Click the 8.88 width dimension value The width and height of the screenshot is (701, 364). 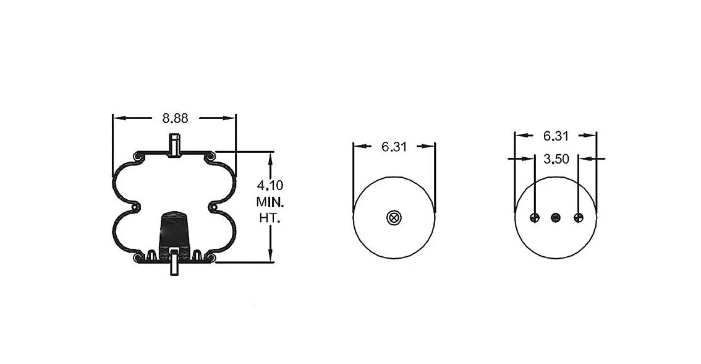point(176,118)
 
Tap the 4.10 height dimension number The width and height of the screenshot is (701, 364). point(270,185)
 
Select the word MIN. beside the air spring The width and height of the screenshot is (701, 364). point(270,201)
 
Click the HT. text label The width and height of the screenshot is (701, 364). point(270,218)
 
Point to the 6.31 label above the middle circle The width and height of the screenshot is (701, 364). point(394,147)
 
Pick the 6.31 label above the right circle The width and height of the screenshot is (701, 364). point(556,136)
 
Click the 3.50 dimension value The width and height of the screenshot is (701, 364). point(556,159)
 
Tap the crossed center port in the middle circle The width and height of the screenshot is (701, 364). point(394,218)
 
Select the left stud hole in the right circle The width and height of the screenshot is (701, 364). point(535,218)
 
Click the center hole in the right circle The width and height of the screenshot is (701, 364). point(556,218)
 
